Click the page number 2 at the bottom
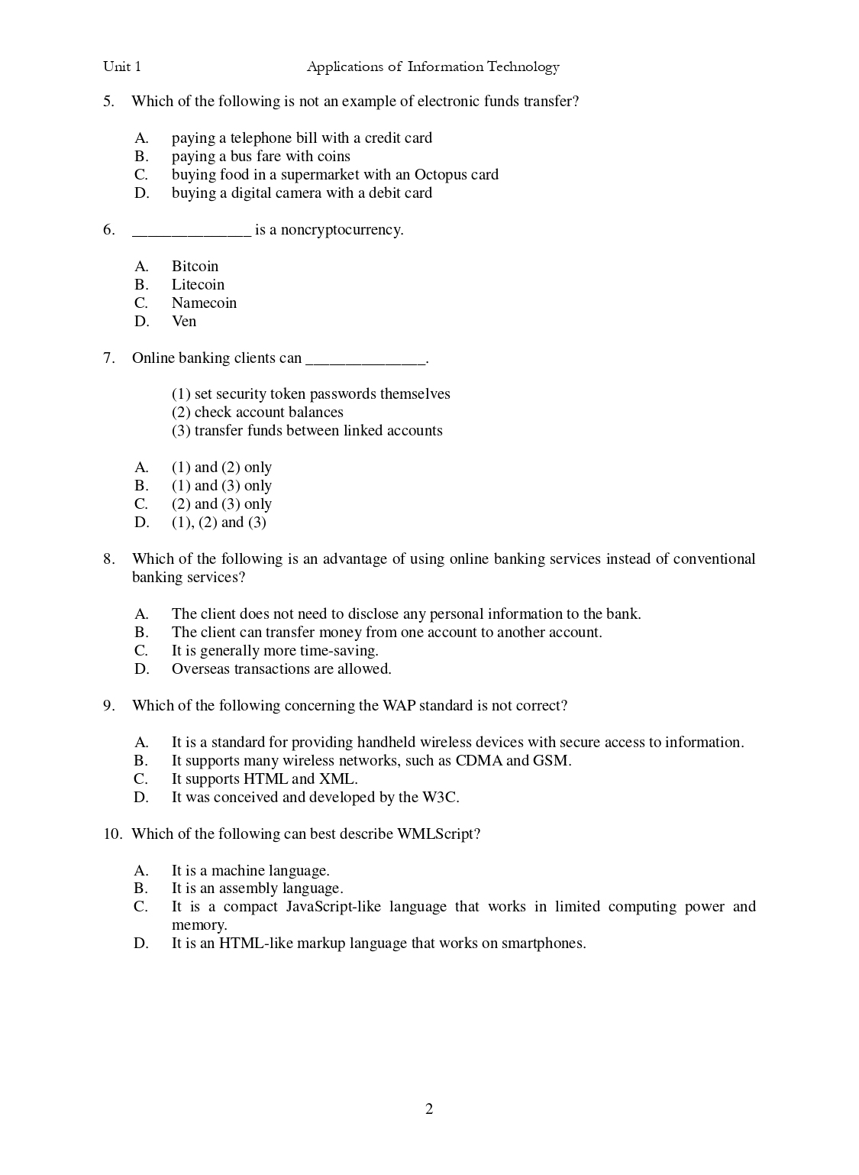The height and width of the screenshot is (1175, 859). [429, 1109]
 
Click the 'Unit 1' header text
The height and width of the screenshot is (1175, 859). [122, 67]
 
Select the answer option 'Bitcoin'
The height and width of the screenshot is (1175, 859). [195, 267]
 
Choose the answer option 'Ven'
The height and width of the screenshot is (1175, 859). [184, 322]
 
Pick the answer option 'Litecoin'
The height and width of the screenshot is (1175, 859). [198, 285]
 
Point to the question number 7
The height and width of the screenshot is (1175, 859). [108, 358]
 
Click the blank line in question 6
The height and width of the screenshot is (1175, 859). [192, 231]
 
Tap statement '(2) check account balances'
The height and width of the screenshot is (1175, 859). [257, 413]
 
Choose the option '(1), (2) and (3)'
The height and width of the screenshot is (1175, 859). [218, 523]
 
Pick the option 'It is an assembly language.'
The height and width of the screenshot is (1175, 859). [257, 889]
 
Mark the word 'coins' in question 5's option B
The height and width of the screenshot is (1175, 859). [334, 157]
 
